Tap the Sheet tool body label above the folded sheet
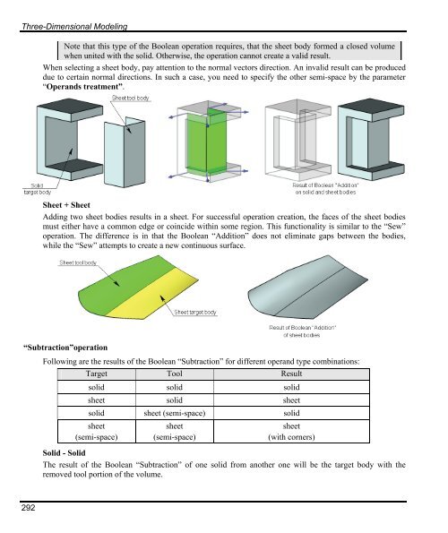pos(130,97)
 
